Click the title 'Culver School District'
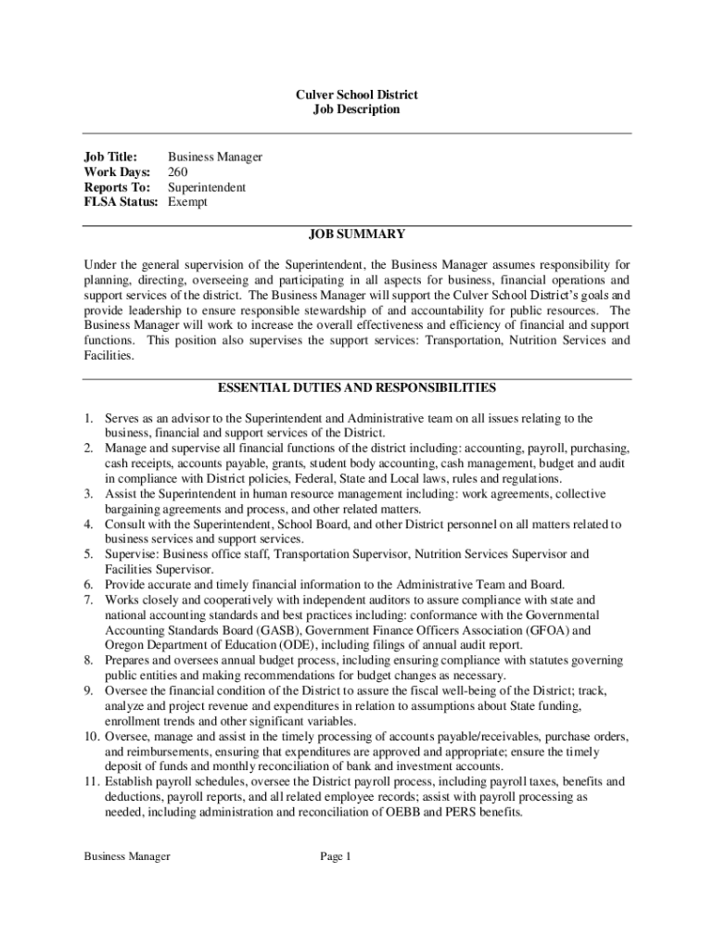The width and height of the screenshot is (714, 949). (357, 95)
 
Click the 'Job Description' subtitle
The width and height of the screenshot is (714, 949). (357, 109)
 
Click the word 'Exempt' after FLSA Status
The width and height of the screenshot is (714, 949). (188, 201)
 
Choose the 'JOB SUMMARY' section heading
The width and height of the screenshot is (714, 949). (357, 234)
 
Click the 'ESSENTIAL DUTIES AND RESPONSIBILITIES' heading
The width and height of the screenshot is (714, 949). (357, 387)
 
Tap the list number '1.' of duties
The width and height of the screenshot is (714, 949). (89, 419)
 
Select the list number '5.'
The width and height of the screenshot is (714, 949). (89, 554)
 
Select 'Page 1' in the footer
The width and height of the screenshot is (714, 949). (336, 856)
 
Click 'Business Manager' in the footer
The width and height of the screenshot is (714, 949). (127, 856)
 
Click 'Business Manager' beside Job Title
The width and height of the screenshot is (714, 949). (215, 157)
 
